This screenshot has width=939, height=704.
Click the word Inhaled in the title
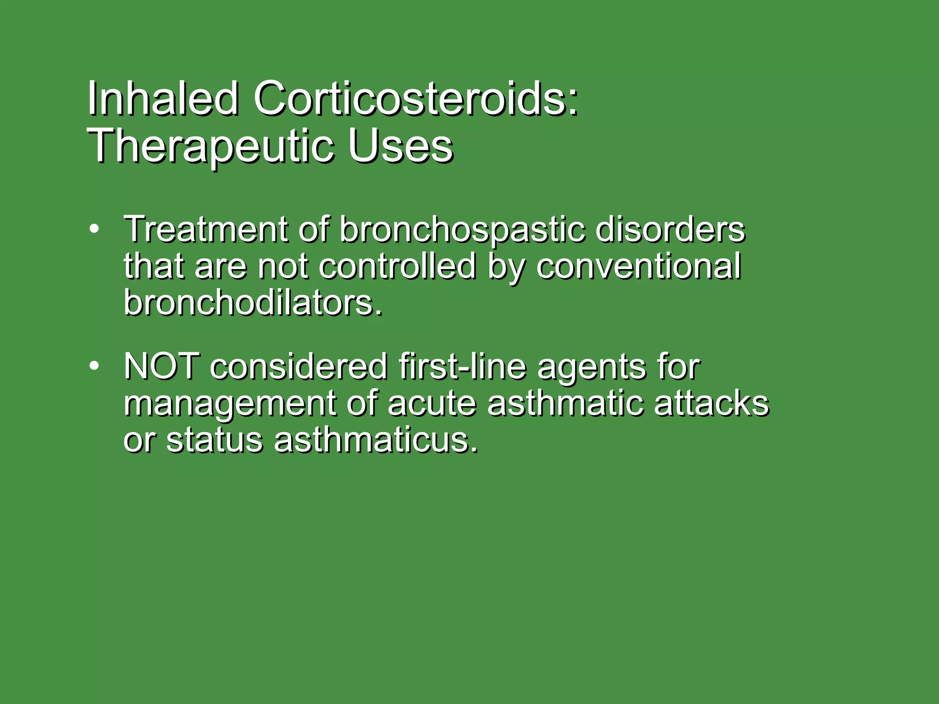click(x=163, y=99)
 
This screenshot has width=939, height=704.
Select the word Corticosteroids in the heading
click(x=415, y=99)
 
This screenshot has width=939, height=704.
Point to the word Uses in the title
click(x=400, y=147)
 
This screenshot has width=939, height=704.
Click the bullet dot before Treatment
click(x=94, y=229)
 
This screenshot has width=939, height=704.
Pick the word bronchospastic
click(x=462, y=231)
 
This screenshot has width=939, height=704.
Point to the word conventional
click(x=638, y=267)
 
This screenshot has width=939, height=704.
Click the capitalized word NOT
click(x=161, y=366)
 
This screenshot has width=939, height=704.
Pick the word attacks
click(x=711, y=403)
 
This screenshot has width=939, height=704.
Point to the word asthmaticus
click(x=376, y=440)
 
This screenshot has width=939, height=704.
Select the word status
click(x=214, y=440)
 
